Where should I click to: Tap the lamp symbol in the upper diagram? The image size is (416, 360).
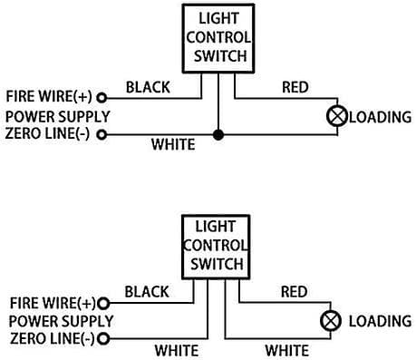pos(337,116)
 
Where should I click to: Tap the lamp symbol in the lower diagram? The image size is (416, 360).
pos(331,321)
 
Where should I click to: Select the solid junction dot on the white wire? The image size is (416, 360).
pos(218,134)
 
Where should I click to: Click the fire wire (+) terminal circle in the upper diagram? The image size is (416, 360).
pos(102,98)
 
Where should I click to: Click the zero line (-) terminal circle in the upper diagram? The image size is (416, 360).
pos(102,134)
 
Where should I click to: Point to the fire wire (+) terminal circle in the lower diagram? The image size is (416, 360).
pos(103,303)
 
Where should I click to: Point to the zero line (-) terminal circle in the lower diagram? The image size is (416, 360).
pos(103,338)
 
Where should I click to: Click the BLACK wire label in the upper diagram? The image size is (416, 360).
pos(148,87)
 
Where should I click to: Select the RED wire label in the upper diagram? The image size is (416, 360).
pos(295,87)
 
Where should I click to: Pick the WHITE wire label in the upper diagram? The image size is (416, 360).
pos(173,144)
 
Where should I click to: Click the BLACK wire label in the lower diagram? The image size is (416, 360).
pos(147,292)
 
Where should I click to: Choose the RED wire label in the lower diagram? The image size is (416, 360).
pos(295,292)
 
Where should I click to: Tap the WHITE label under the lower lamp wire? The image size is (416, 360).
pos(287,351)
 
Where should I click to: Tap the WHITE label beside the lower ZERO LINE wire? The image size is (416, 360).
pos(177,351)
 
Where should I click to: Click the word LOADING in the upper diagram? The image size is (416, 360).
pos(381,117)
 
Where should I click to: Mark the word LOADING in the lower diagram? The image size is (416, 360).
pos(381,321)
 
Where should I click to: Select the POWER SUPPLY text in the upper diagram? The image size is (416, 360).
pos(58,117)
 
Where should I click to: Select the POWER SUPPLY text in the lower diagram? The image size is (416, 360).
pos(61,321)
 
